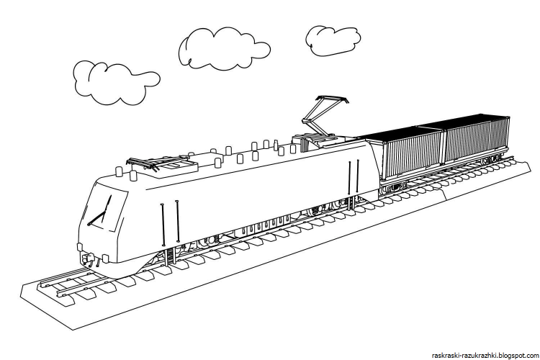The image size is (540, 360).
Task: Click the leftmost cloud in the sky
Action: click(x=117, y=83)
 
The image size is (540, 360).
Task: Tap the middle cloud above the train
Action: click(x=224, y=48)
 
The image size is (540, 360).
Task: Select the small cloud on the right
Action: click(x=333, y=40)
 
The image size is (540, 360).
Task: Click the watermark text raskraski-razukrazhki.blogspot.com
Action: click(x=485, y=355)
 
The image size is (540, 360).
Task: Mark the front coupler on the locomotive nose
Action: click(x=87, y=258)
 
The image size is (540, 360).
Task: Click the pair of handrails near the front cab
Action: click(x=170, y=221)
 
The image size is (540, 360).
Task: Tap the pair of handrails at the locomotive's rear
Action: click(x=353, y=179)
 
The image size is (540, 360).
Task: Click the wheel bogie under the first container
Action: click(x=392, y=188)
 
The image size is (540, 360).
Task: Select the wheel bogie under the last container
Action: click(x=492, y=159)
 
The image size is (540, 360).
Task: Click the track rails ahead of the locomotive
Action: click(x=66, y=281)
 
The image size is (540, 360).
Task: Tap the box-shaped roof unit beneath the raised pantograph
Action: click(x=314, y=142)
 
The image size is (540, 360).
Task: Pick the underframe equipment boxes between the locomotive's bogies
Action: click(x=264, y=228)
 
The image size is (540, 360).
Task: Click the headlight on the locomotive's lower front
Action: click(x=105, y=258)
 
